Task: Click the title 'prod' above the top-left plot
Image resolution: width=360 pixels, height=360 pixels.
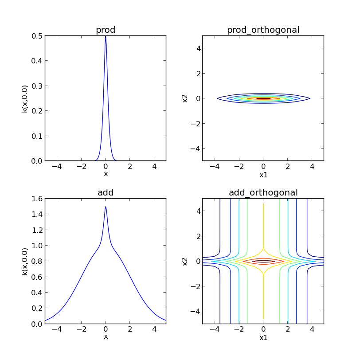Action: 106,30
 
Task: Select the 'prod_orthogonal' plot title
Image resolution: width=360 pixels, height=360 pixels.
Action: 263,30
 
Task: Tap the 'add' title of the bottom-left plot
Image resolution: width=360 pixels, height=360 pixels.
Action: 106,192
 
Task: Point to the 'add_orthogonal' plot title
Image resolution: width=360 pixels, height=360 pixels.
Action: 263,192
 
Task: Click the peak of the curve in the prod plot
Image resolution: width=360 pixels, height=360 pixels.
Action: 106,36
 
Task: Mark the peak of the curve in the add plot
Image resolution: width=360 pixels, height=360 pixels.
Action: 106,207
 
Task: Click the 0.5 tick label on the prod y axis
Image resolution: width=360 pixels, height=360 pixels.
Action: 37,35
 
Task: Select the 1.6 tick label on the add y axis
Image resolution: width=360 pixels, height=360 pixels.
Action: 37,199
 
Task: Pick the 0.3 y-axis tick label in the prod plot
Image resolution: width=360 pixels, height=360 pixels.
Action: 37,86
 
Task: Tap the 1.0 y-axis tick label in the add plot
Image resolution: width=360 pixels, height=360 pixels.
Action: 37,246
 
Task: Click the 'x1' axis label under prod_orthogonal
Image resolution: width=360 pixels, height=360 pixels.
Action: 263,175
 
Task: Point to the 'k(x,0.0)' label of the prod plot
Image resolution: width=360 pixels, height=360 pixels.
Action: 25,98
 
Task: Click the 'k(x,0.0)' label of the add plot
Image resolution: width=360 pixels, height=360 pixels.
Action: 25,261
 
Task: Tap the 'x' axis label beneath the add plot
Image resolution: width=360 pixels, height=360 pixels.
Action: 106,337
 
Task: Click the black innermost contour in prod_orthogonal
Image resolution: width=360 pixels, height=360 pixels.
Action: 263,98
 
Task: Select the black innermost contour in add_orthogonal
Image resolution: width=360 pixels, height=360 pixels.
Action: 263,262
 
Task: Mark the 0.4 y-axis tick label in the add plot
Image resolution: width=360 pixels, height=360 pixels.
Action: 37,293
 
